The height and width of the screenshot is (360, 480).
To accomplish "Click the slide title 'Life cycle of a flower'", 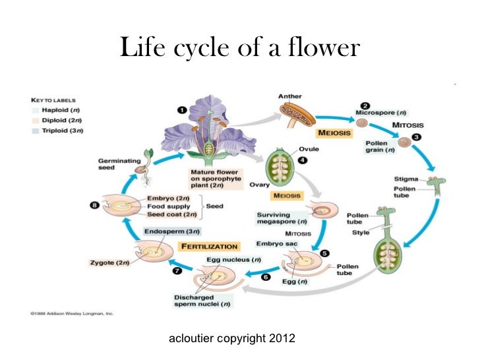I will click(x=240, y=47).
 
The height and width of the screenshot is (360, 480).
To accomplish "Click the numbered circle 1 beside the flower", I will click(x=181, y=110).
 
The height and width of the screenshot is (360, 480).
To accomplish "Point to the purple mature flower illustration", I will click(x=208, y=132).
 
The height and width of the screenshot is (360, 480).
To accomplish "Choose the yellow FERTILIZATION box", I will click(x=210, y=246).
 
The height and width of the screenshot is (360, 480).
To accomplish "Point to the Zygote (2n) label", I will click(x=109, y=264).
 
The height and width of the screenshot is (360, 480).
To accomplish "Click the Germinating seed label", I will click(x=115, y=164).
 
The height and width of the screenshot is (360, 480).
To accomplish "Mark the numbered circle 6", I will click(x=266, y=277).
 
